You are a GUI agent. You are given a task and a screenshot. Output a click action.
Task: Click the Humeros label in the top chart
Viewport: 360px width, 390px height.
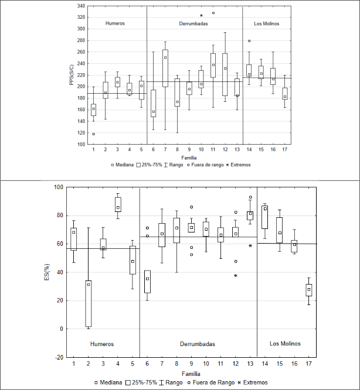pos(115,23)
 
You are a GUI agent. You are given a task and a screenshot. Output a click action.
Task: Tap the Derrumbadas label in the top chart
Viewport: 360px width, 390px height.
pos(193,23)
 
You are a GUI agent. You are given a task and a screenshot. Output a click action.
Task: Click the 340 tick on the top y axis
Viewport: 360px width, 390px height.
pos(80,6)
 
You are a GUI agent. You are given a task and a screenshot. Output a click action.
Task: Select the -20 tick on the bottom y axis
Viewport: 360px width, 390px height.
pos(60,357)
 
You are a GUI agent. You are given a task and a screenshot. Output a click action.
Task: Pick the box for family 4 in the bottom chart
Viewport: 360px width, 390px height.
pos(118,204)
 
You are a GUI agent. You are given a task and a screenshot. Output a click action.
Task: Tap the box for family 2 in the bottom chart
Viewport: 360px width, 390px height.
pos(88,303)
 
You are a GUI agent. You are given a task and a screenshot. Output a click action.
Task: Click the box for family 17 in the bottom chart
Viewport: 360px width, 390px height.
pos(309,290)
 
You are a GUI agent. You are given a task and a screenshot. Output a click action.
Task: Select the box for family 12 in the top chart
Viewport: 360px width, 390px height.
pos(225,74)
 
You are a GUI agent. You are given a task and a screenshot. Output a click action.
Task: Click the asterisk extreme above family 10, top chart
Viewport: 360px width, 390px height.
pos(201,16)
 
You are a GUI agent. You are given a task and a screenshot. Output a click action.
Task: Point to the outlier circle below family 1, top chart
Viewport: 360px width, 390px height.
pos(93,134)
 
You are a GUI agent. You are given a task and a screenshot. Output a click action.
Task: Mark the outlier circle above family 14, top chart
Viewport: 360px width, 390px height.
pos(249,41)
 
